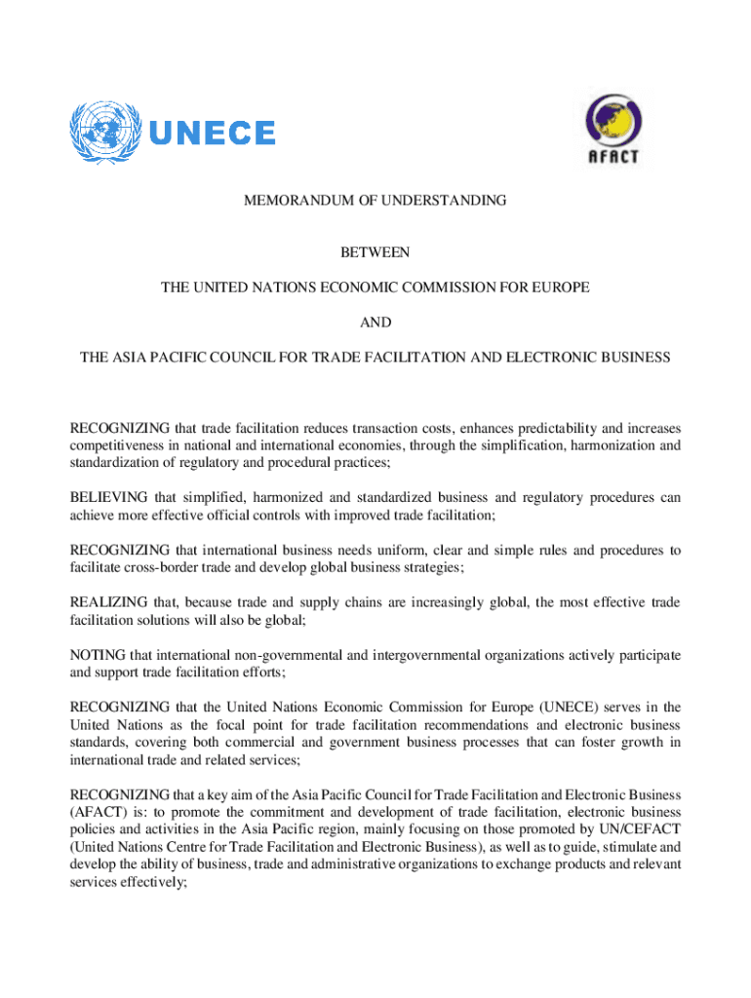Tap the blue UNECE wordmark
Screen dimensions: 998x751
(x=211, y=134)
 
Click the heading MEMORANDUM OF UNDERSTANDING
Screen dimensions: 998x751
(x=375, y=202)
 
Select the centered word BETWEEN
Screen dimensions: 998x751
(x=375, y=253)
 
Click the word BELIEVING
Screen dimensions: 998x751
(x=109, y=497)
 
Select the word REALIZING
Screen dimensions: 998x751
(x=107, y=602)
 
